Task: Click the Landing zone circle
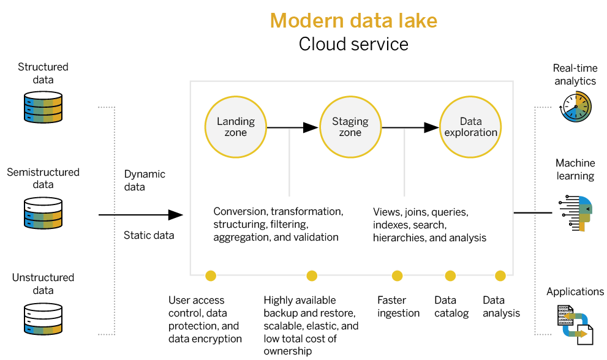[x=236, y=127]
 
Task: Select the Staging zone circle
[x=350, y=127]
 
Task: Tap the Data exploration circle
[x=470, y=127]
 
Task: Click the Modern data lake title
[x=353, y=21]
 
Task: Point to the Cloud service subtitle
[x=353, y=44]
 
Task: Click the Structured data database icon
[x=43, y=107]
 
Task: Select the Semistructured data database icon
[x=43, y=212]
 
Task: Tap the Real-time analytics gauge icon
[x=576, y=108]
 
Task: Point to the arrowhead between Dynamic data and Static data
[x=176, y=215]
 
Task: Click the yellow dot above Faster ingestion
[x=397, y=276]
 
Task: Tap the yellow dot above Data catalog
[x=450, y=276]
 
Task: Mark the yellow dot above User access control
[x=211, y=276]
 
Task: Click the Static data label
[x=149, y=235]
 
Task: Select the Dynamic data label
[x=145, y=180]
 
